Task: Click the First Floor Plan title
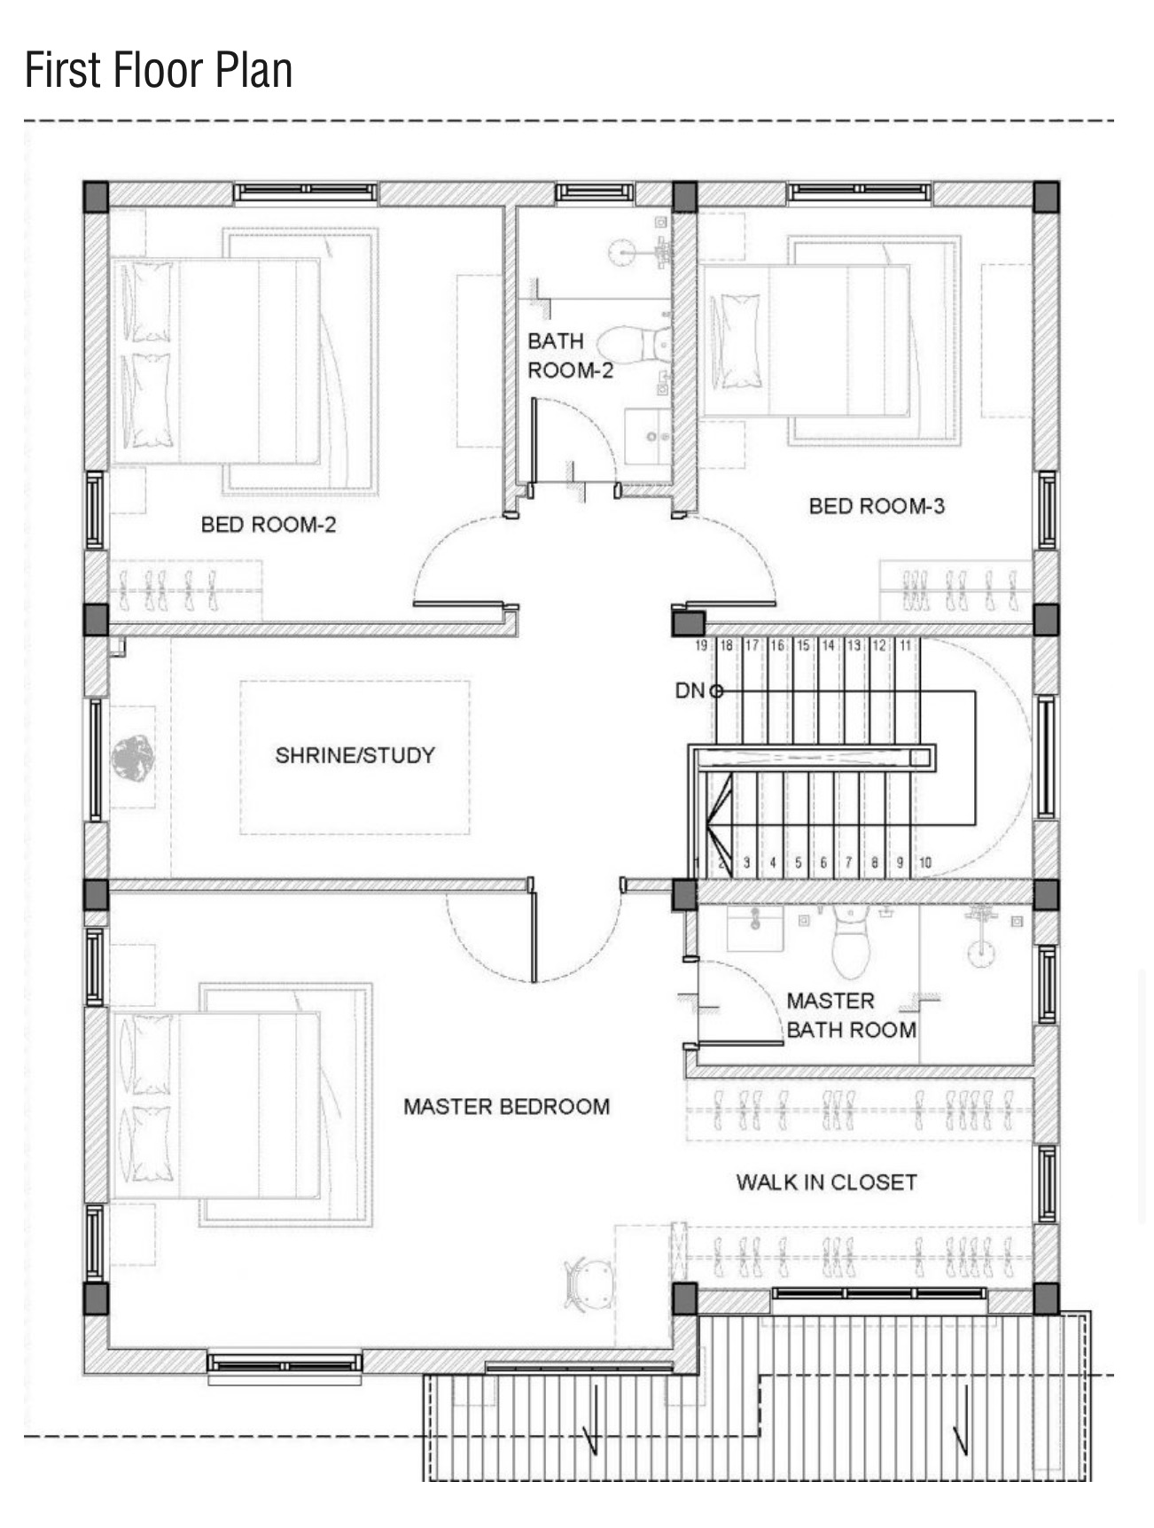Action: pos(159,70)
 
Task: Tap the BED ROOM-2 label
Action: pos(269,525)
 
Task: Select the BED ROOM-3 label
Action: pos(877,506)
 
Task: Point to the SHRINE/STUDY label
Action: pos(355,755)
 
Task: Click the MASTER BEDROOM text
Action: pos(506,1106)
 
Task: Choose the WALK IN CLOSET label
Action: pos(826,1181)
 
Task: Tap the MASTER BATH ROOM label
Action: pos(851,1015)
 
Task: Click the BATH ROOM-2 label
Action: pos(570,355)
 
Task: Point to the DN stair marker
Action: pos(690,690)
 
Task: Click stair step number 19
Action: pos(701,645)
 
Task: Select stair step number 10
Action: pos(925,861)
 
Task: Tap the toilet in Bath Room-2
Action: pos(635,344)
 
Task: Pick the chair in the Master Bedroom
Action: pos(588,1284)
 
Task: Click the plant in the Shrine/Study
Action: pos(132,759)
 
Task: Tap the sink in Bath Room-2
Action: pos(648,435)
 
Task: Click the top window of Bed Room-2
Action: pos(306,192)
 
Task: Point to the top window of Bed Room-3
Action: pos(860,192)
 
